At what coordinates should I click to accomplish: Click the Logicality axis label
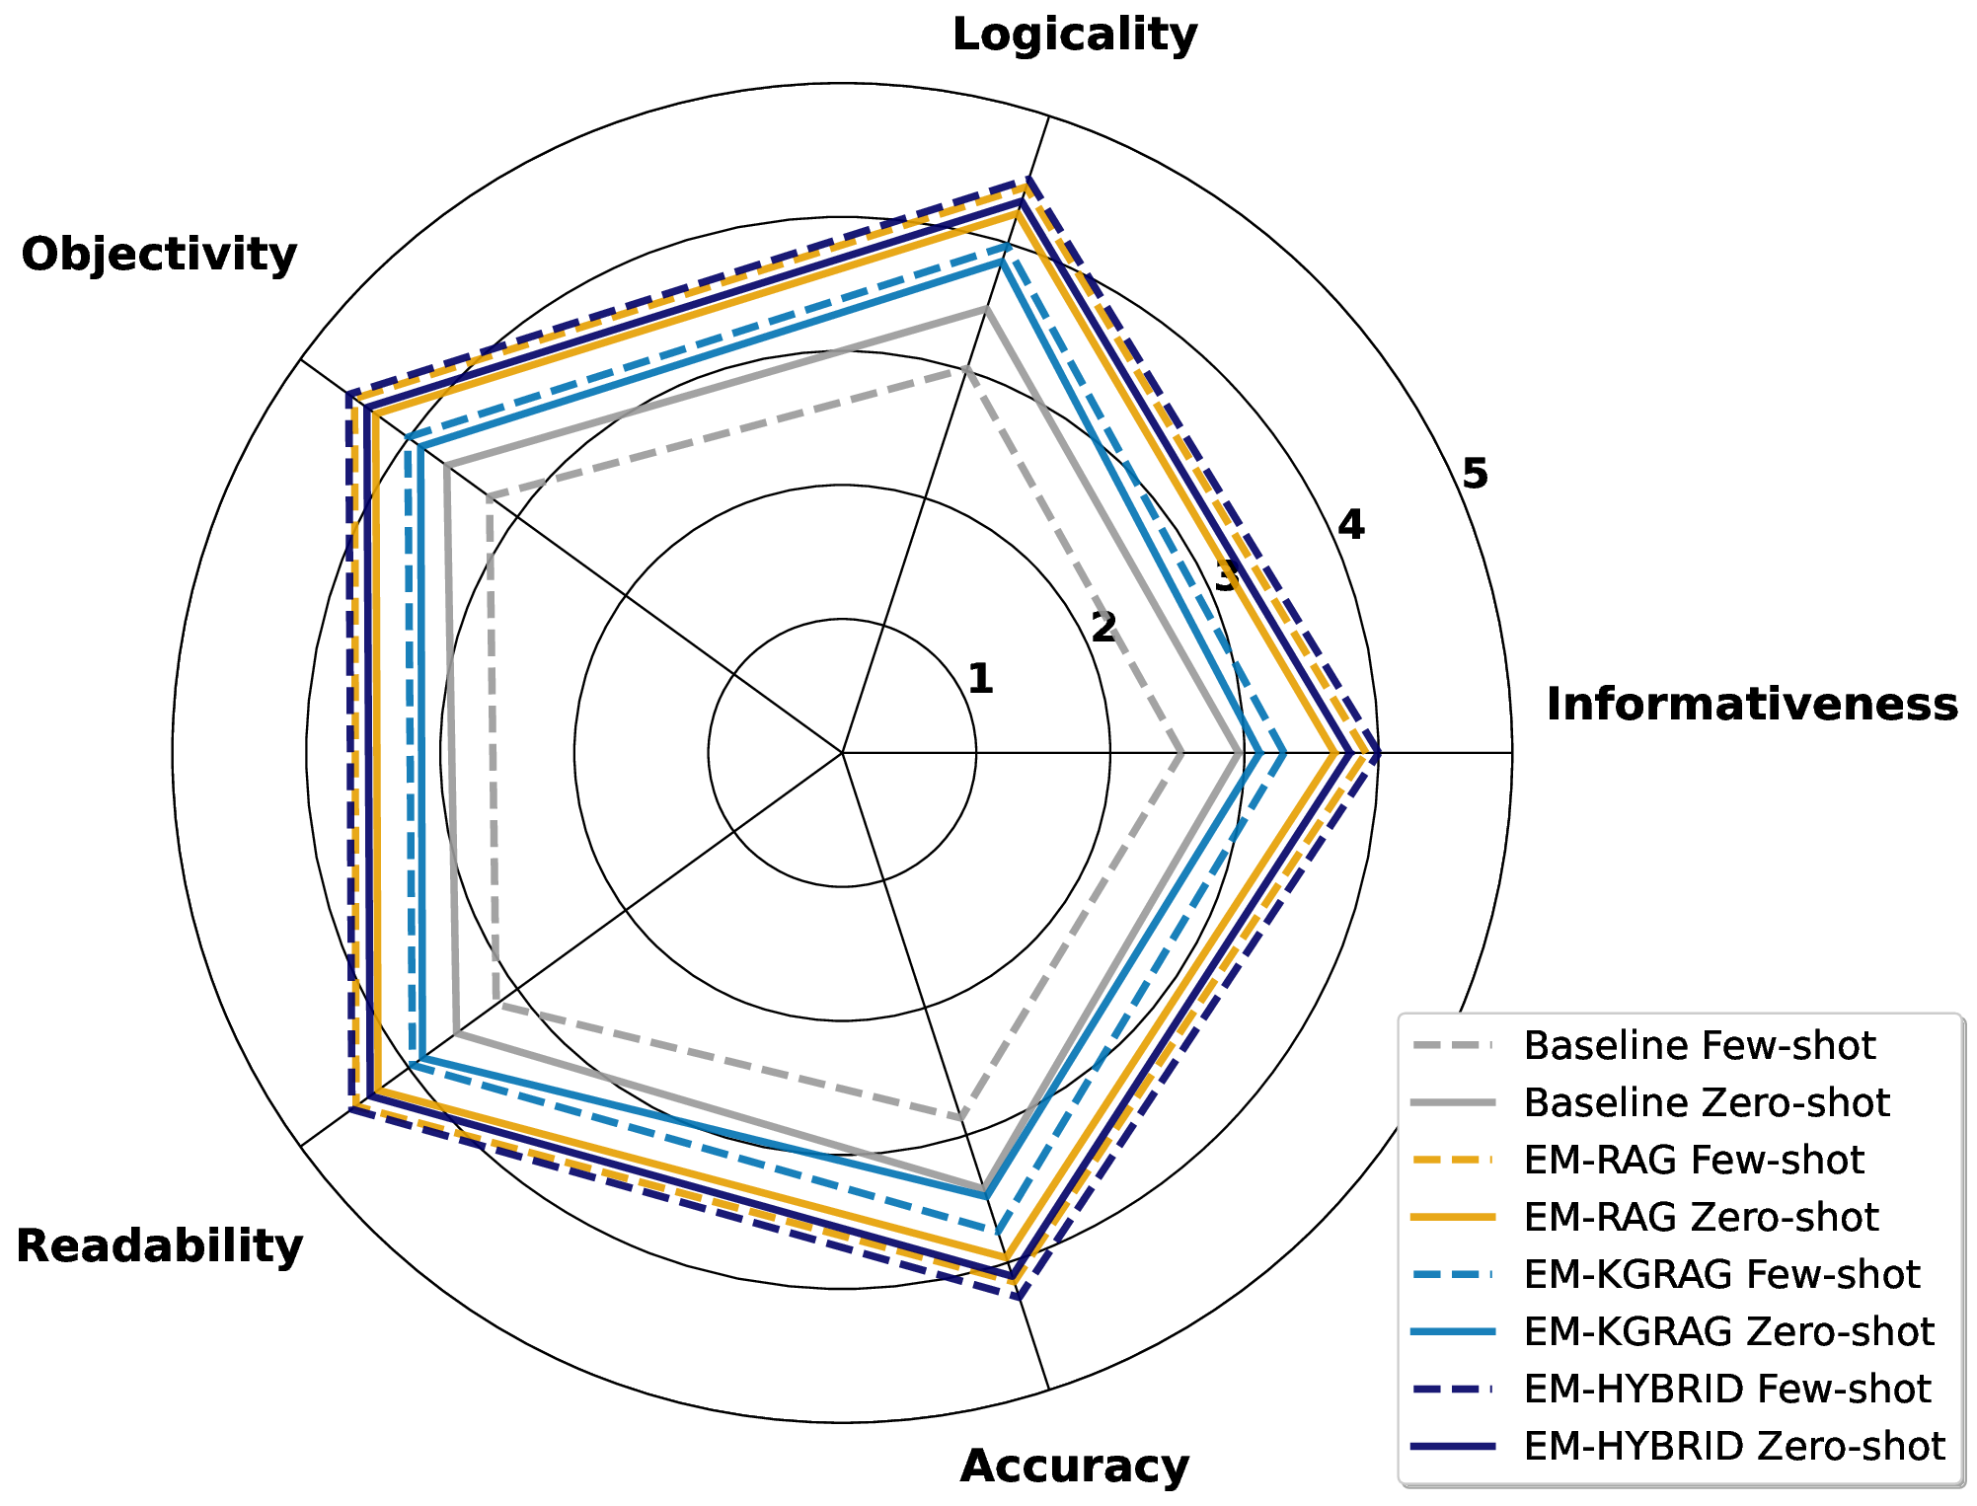[x=1074, y=36]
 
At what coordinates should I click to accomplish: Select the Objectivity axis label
[x=159, y=255]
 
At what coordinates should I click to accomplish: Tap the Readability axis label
[x=159, y=1246]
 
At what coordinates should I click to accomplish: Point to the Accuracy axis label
[x=1074, y=1467]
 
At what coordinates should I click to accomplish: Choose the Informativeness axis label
[x=1752, y=705]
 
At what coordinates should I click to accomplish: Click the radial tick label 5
[x=1475, y=475]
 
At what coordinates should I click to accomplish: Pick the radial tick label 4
[x=1350, y=526]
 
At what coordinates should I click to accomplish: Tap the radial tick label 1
[x=980, y=679]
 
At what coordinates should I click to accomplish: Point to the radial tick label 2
[x=1103, y=628]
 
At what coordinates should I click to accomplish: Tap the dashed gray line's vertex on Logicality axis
[x=966, y=369]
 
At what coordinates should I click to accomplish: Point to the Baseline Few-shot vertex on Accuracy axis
[x=961, y=1118]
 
